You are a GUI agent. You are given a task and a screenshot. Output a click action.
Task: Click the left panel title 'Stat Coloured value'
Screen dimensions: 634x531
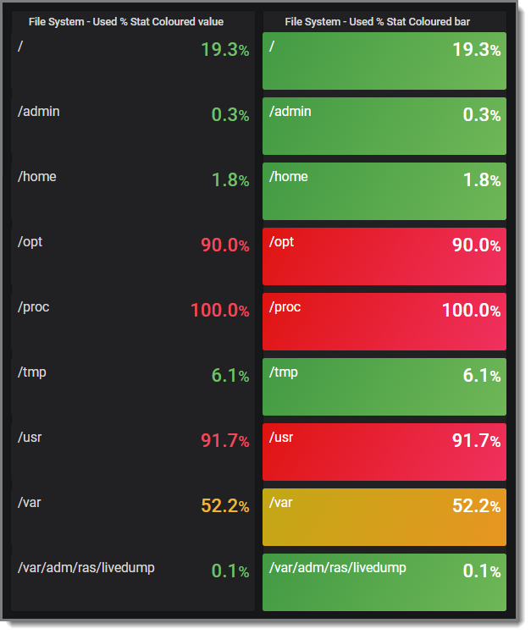[126, 21]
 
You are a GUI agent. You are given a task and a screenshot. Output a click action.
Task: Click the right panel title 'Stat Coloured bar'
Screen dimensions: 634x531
[377, 21]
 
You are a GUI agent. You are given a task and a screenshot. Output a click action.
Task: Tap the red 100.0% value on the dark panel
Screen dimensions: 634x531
[219, 311]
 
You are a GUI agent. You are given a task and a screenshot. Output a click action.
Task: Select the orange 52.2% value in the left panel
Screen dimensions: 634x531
[224, 506]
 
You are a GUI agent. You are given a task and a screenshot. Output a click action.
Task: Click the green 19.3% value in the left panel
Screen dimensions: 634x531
[224, 50]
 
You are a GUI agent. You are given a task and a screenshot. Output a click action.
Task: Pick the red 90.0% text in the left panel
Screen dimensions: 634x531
[224, 245]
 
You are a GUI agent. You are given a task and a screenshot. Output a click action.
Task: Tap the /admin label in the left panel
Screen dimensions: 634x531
[39, 112]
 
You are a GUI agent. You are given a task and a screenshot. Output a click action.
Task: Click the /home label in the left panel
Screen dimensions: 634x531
[37, 177]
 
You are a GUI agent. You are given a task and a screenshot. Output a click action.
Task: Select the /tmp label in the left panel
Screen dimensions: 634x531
[32, 372]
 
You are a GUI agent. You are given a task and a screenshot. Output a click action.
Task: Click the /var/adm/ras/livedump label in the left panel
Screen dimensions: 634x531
[86, 568]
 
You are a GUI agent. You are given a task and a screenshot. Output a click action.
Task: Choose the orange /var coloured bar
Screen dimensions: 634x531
[384, 516]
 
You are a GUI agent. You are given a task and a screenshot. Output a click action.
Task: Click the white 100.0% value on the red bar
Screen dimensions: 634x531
[471, 311]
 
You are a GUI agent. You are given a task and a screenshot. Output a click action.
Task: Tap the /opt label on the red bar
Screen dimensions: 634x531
[282, 242]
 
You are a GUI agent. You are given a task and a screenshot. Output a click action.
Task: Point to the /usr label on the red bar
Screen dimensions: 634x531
[282, 438]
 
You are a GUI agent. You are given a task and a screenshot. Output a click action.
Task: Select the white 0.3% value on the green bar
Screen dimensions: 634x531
[481, 115]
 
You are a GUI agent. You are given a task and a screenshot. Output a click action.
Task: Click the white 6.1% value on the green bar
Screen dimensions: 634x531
[481, 376]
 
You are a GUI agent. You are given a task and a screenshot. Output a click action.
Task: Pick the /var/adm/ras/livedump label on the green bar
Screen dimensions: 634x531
[338, 568]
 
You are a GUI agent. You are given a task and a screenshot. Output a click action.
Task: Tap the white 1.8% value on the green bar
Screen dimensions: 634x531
[481, 180]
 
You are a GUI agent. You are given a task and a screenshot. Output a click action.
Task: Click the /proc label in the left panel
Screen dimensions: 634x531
[34, 307]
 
